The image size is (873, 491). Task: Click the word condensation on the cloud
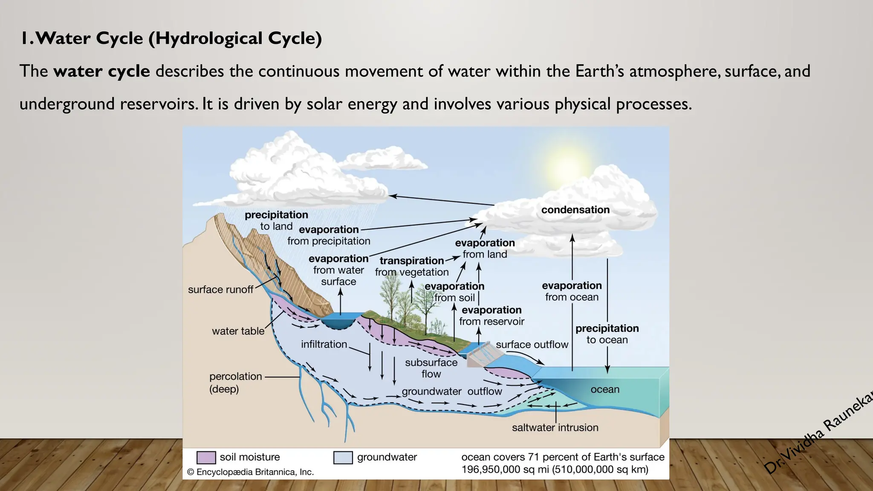pos(575,210)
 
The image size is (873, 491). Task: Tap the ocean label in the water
pos(605,389)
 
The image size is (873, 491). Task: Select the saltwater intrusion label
pos(555,427)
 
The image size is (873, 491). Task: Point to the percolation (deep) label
pos(235,382)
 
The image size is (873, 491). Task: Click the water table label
pos(238,331)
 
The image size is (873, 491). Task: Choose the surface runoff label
pos(220,290)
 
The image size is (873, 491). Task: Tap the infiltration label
pos(324,344)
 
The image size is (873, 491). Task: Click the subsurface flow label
pos(431,368)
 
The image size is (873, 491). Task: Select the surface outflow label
pos(532,344)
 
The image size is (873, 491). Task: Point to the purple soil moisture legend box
pos(206,457)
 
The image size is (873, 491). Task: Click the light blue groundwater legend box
pos(343,457)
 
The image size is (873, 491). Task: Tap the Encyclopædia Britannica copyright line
pos(250,472)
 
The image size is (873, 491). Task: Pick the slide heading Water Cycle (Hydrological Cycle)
pos(171,38)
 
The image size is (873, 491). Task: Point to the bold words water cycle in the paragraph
pos(101,71)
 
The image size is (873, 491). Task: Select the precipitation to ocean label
pos(607,334)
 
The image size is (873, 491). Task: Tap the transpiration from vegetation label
pos(412,266)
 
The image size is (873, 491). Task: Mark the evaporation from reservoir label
pos(491,316)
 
